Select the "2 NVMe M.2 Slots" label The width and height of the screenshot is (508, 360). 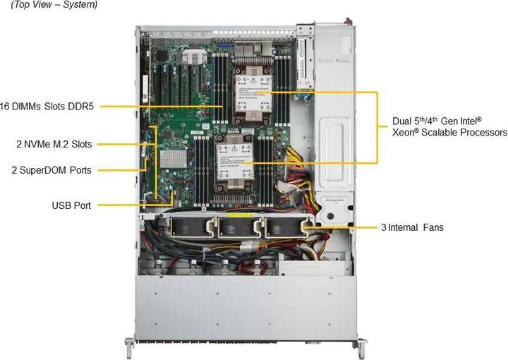54,144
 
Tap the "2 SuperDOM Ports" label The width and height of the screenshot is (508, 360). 52,169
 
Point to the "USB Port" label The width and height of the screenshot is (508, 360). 71,205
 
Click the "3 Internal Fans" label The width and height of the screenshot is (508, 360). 413,227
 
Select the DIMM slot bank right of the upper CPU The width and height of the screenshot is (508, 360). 280,78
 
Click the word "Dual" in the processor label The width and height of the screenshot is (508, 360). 404,120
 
